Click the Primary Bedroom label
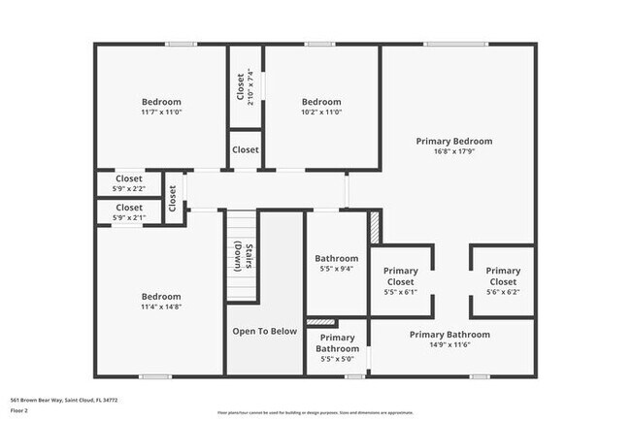pos(453,142)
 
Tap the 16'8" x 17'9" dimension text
pos(453,152)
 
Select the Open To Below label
pos(264,332)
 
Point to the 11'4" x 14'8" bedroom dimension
pos(161,307)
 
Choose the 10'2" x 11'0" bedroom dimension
pos(321,113)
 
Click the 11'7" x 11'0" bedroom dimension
pos(161,113)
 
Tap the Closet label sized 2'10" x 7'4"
pos(242,87)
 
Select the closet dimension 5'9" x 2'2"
pos(129,188)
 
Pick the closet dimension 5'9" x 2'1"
pos(129,217)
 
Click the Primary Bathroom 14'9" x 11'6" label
pos(448,335)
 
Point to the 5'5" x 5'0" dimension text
pos(337,359)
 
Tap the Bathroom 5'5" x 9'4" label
pos(337,259)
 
